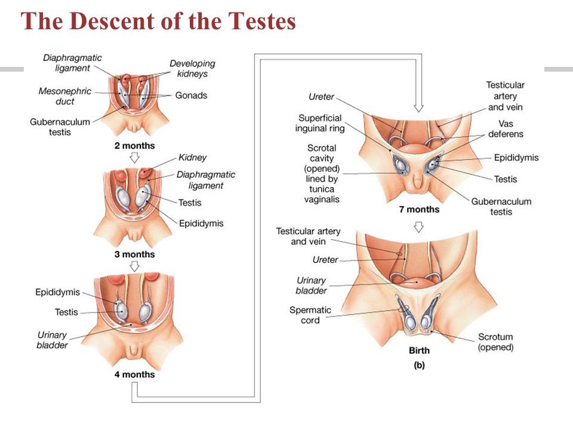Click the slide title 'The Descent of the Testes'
click(158, 22)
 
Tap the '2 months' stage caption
click(134, 146)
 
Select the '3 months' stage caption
click(134, 254)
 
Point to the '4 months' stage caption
click(134, 374)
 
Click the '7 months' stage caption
click(419, 210)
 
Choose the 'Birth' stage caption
click(418, 351)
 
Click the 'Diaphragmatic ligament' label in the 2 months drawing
click(72, 63)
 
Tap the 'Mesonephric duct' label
click(57, 96)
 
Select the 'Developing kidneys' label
click(192, 68)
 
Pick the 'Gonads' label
click(191, 96)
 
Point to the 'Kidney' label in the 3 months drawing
click(192, 158)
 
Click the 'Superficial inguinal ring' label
click(321, 123)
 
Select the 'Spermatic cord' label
click(310, 315)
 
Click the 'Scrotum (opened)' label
click(495, 342)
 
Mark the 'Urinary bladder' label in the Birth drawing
click(311, 285)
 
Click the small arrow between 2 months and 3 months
click(134, 158)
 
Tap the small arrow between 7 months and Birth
click(418, 226)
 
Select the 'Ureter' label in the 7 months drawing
click(321, 97)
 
